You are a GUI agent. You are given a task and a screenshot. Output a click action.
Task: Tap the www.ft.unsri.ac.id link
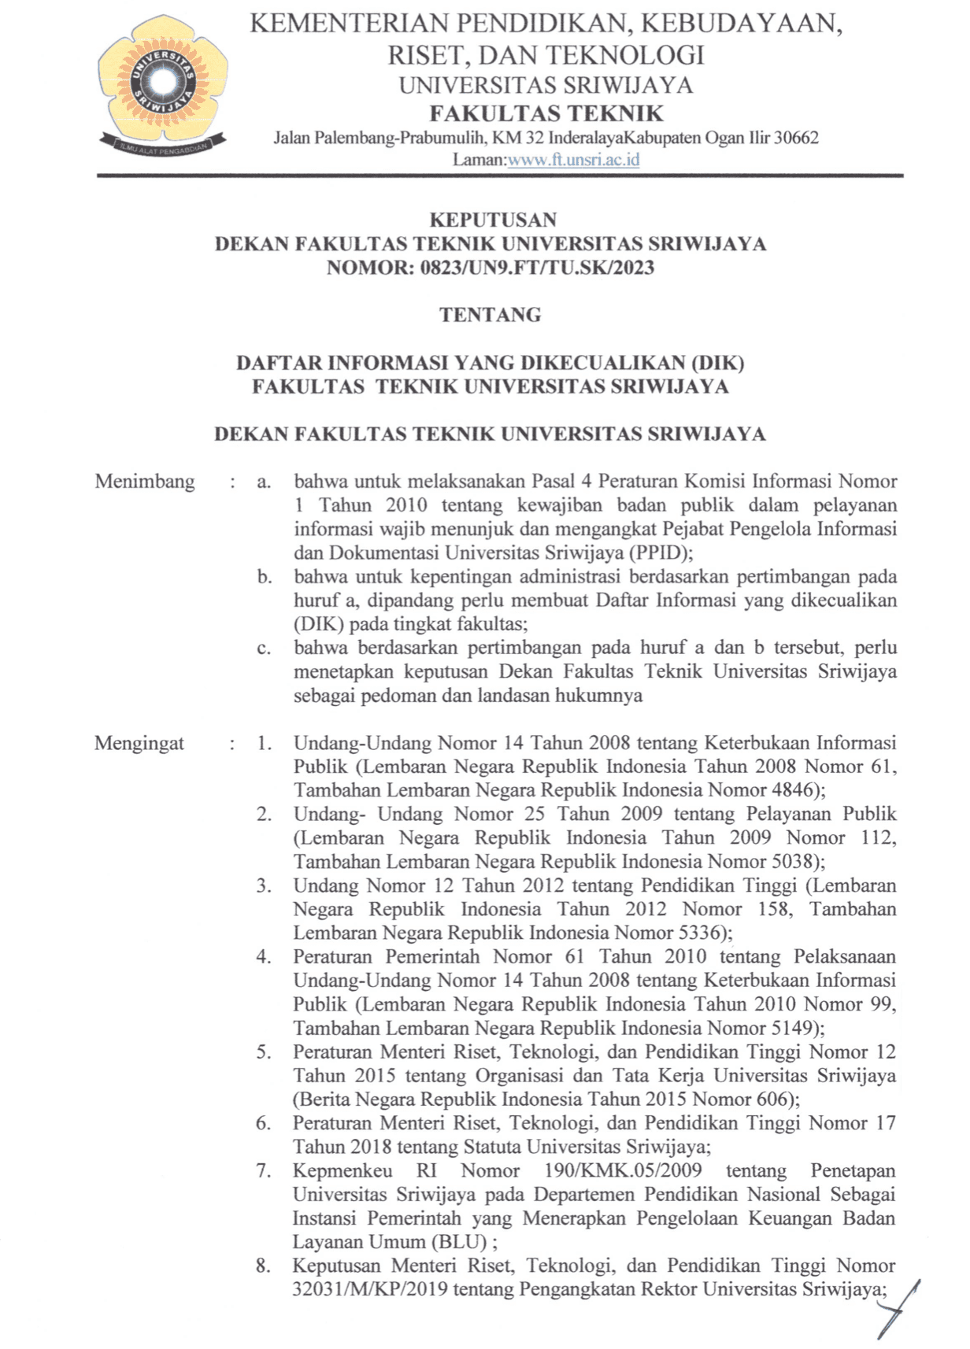[x=573, y=160]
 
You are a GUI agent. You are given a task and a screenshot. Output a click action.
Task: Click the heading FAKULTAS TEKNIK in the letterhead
[x=546, y=113]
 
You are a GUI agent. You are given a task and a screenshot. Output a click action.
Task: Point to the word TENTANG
[x=491, y=315]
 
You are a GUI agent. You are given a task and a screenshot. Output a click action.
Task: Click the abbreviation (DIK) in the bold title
[x=716, y=363]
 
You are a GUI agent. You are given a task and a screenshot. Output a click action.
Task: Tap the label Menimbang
[x=145, y=482]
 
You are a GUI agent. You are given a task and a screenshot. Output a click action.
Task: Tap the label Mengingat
[x=139, y=743]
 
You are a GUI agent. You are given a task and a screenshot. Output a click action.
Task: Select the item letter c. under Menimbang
[x=264, y=649]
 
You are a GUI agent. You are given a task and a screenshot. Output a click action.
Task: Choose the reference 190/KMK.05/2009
[x=623, y=1171]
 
